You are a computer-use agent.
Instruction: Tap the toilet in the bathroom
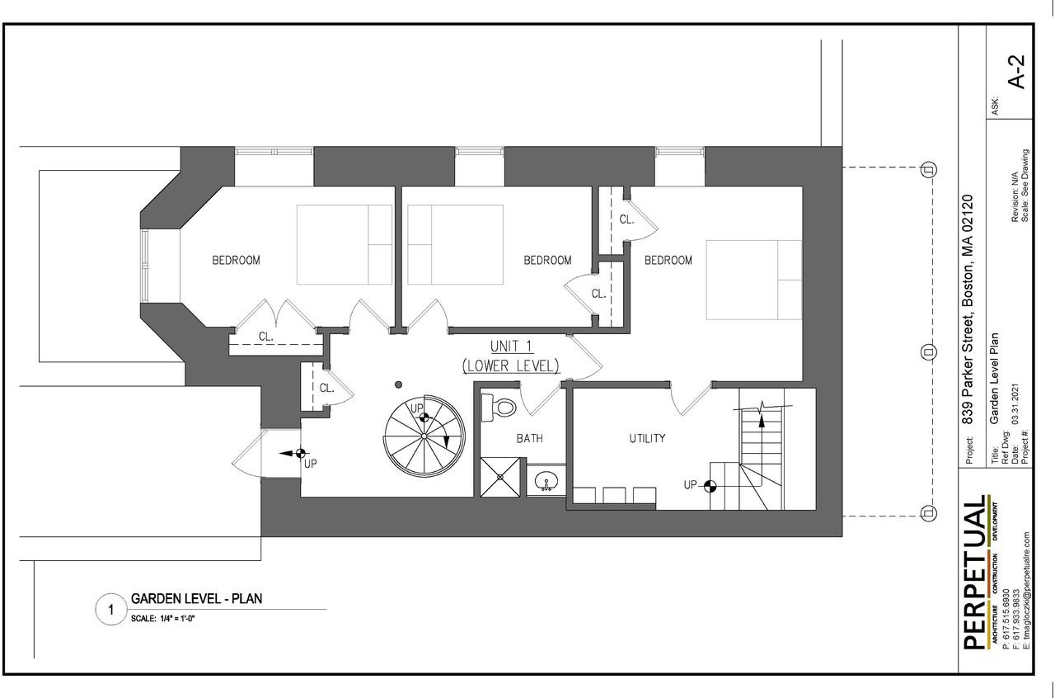(499, 406)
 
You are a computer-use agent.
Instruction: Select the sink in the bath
(546, 481)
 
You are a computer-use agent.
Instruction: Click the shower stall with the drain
(501, 477)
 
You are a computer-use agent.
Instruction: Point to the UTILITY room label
(647, 438)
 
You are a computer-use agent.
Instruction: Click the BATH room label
(529, 438)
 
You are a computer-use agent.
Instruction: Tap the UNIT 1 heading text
(511, 346)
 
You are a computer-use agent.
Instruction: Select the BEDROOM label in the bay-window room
(236, 260)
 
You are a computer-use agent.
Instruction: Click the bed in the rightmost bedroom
(753, 280)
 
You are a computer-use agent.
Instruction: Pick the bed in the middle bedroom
(455, 244)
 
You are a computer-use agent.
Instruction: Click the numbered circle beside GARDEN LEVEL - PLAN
(110, 610)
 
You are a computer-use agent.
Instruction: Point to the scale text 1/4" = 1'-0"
(162, 619)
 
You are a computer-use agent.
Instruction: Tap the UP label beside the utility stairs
(691, 484)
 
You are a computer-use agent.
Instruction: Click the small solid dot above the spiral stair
(398, 384)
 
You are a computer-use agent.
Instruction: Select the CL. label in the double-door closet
(266, 336)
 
